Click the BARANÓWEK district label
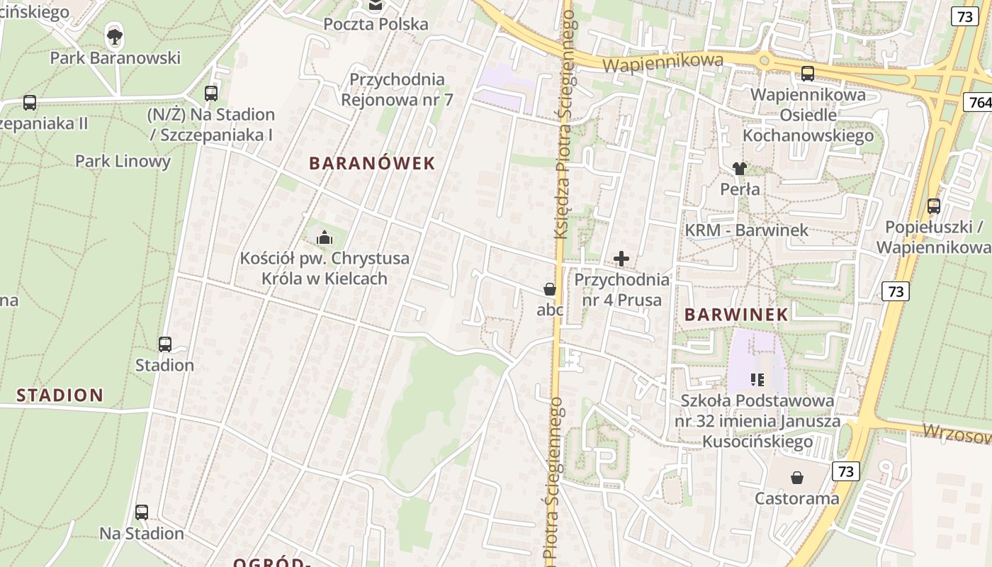point(372,163)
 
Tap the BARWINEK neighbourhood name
point(737,315)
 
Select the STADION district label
point(60,395)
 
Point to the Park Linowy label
point(123,161)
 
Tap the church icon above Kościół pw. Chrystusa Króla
point(325,237)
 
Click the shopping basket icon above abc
point(549,289)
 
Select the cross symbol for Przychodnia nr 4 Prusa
point(621,259)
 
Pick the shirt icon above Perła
point(740,169)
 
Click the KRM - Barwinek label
point(746,230)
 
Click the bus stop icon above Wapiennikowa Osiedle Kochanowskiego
point(807,73)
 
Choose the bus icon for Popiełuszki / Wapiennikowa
point(934,206)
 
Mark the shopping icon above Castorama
point(797,478)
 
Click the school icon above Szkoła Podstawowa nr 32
point(757,380)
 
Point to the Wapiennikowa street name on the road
point(663,63)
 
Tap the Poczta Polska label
point(376,24)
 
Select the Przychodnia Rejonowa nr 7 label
point(397,89)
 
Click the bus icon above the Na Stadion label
point(142,512)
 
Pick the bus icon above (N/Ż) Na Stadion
point(211,93)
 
